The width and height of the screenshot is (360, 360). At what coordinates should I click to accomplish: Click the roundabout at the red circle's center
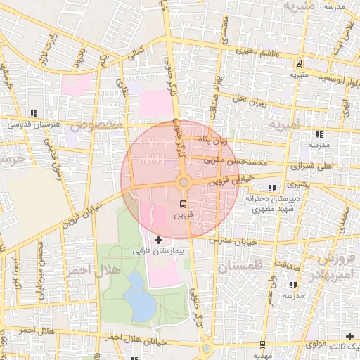[184, 183]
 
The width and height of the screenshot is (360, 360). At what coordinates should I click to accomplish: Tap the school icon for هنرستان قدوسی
[34, 114]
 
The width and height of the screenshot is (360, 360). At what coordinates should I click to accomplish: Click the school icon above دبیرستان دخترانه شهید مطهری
[273, 188]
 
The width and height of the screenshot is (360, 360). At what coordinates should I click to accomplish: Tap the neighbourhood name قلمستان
[239, 267]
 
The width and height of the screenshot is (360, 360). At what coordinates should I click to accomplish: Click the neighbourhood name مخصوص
[101, 125]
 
